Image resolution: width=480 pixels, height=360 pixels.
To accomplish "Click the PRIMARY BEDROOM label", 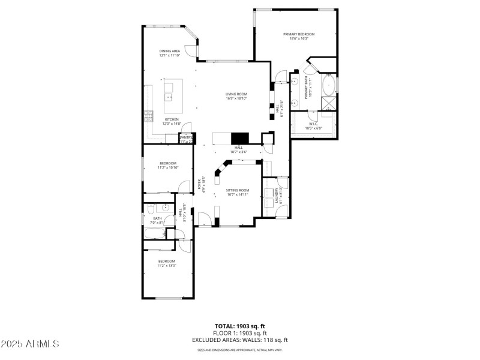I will click(299, 34).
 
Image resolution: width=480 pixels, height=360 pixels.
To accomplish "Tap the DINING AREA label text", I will click(170, 51).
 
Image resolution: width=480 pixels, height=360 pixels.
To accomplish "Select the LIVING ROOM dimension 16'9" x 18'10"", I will click(236, 99).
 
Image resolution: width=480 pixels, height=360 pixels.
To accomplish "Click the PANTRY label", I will click(187, 137).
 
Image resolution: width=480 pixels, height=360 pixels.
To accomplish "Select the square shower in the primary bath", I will click(329, 103).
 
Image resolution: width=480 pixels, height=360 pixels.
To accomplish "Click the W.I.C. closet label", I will click(313, 124).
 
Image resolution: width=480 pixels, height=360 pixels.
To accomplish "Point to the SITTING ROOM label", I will click(238, 190).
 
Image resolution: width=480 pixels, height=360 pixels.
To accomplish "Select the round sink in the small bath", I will click(151, 209).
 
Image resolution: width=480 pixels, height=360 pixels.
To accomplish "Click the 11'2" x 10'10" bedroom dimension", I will click(168, 168).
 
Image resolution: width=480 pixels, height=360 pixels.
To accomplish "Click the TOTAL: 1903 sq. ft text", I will click(239, 326).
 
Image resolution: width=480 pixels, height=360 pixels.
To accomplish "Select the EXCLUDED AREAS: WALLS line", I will click(239, 340).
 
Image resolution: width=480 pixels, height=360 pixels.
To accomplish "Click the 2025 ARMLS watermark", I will click(30, 344).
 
